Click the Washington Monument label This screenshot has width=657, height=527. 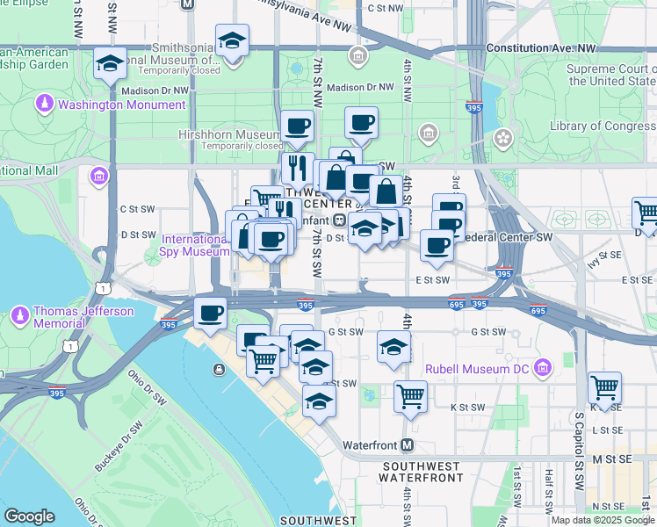122,105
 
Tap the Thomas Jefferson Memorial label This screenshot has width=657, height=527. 83,317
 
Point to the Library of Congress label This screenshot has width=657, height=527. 603,126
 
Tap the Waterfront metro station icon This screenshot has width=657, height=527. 407,445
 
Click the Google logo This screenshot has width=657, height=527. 29,516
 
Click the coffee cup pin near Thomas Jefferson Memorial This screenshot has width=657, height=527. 210,313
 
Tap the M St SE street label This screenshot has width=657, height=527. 611,459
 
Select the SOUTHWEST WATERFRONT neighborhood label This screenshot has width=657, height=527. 421,472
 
